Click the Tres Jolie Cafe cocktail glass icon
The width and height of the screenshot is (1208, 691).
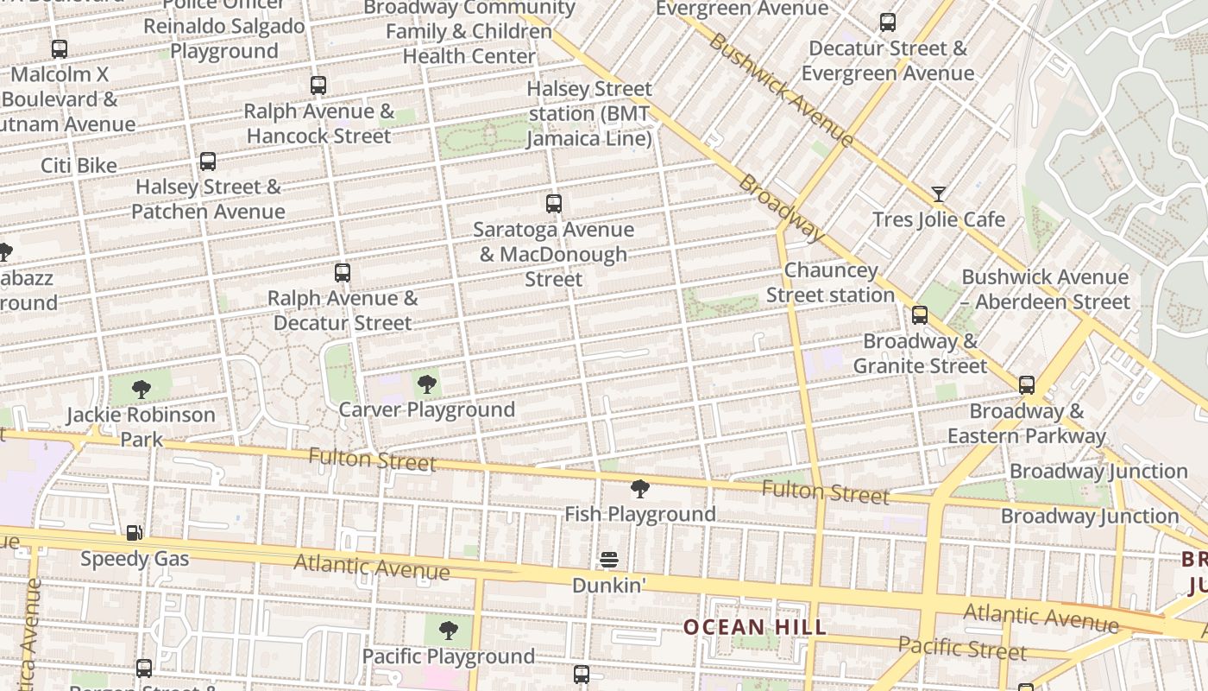pos(939,194)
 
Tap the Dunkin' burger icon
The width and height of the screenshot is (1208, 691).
pos(609,561)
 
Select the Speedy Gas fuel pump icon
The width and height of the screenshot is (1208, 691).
pos(134,533)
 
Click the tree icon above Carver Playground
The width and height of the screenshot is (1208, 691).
pos(426,384)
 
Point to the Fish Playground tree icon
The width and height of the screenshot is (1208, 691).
pos(639,490)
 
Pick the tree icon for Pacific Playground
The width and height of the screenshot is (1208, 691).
pos(448,631)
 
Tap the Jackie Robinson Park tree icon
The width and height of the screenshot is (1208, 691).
pos(142,390)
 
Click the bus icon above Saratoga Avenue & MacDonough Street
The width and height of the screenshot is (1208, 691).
pos(554,204)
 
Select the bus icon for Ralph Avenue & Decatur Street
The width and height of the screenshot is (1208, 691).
pos(343,273)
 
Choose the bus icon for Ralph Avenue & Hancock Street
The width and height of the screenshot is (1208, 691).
pos(318,86)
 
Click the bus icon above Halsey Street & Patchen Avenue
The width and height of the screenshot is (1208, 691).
pos(208,162)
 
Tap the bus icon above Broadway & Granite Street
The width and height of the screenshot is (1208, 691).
pos(920,315)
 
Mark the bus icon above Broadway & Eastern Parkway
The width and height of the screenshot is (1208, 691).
pos(1027,385)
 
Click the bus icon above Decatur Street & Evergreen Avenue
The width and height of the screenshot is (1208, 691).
pos(888,22)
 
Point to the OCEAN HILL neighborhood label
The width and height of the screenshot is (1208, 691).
pos(755,627)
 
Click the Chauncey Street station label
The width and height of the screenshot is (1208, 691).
pos(830,282)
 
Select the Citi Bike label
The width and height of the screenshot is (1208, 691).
pos(79,165)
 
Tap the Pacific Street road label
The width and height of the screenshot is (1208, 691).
pos(962,648)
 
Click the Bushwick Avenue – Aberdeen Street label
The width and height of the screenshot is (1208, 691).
pos(1045,289)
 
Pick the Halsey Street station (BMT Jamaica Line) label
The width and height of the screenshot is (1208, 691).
pos(589,113)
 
